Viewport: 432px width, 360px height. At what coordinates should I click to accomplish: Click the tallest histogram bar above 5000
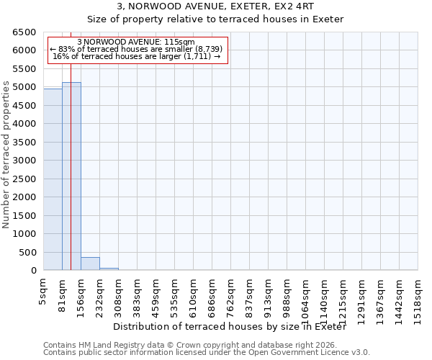pyautogui.click(x=71, y=176)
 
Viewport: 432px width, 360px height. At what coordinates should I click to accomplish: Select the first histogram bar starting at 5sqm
pyautogui.click(x=53, y=180)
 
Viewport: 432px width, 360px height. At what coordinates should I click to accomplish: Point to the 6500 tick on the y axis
pyautogui.click(x=26, y=32)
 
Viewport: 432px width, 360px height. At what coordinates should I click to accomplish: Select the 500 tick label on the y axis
pyautogui.click(x=29, y=253)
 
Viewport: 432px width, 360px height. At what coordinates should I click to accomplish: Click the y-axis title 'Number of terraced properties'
pyautogui.click(x=7, y=155)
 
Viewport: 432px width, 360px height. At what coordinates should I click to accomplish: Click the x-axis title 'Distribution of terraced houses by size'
pyautogui.click(x=230, y=327)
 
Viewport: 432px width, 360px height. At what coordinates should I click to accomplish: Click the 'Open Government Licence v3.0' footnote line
pyautogui.click(x=207, y=352)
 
